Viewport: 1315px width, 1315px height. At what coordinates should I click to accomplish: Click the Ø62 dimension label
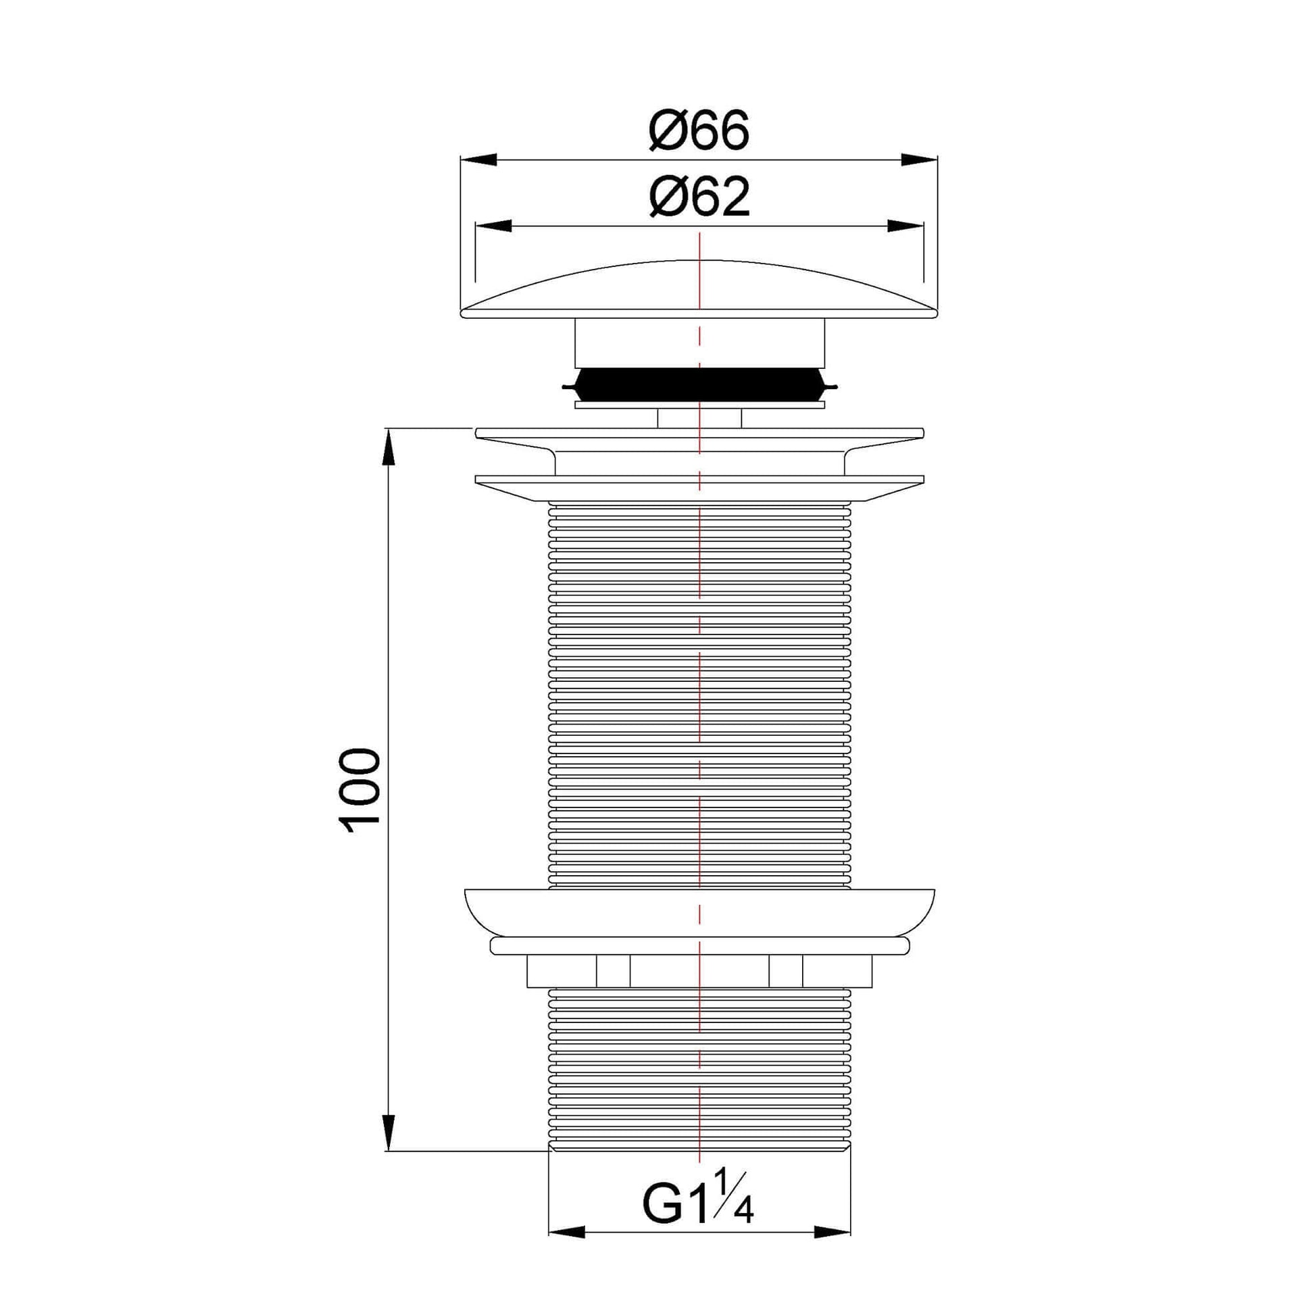[699, 197]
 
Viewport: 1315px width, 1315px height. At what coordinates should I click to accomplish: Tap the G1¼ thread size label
[697, 1205]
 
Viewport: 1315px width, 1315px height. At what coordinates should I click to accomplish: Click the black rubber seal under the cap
[699, 386]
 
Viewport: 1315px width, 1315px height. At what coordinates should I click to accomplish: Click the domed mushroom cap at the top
[699, 289]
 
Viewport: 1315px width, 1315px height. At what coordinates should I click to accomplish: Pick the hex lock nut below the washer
[699, 971]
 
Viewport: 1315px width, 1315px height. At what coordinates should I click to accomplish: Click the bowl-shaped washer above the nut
[699, 912]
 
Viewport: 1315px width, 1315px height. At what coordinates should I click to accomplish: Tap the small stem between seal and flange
[699, 418]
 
